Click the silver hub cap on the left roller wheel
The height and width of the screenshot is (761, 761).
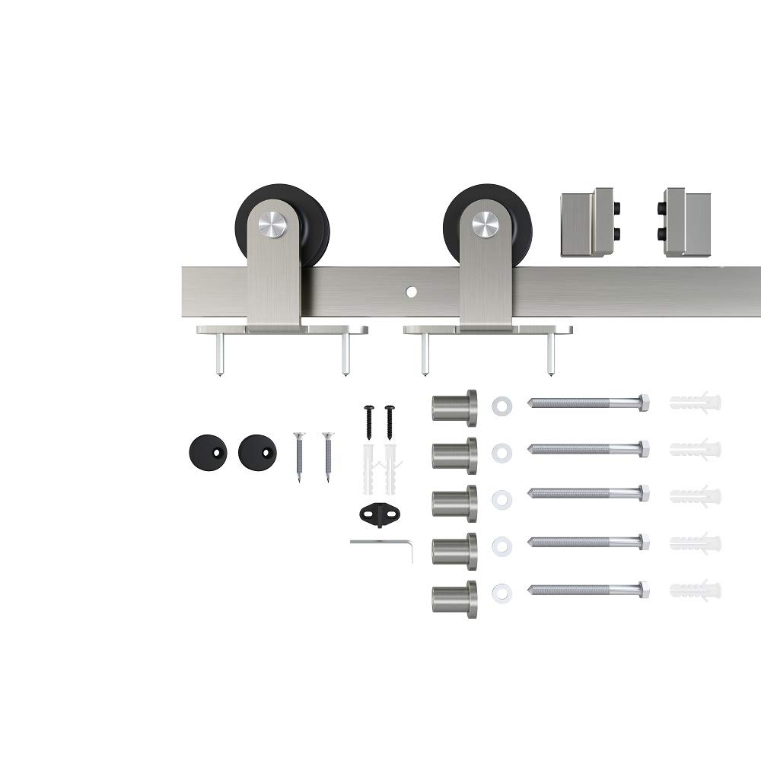[272, 223]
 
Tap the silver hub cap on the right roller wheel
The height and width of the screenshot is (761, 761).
[484, 223]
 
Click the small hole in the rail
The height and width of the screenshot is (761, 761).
[411, 291]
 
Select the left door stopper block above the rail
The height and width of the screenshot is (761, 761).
[587, 221]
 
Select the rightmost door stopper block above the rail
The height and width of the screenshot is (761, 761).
[686, 221]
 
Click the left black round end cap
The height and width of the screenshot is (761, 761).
[208, 452]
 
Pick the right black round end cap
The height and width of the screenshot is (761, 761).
[257, 452]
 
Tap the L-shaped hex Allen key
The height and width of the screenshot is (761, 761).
[380, 544]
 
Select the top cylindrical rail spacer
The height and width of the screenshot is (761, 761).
[454, 407]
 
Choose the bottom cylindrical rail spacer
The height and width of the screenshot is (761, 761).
[454, 599]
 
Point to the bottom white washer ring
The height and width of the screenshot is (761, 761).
[501, 591]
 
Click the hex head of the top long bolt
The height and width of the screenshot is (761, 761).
[644, 403]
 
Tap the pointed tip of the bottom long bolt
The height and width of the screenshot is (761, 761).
[531, 590]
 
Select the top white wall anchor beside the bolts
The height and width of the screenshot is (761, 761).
[695, 402]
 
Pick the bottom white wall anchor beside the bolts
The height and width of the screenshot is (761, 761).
[695, 590]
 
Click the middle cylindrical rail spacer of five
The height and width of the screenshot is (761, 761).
[454, 503]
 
